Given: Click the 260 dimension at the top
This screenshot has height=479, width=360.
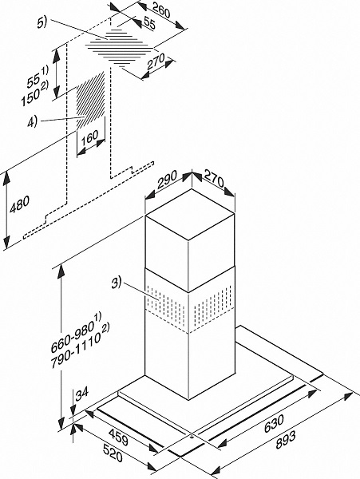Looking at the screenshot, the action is point(161,10).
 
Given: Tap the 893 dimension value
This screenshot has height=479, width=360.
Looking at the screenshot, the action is point(286,441).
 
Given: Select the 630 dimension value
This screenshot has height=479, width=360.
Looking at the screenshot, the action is point(274,423).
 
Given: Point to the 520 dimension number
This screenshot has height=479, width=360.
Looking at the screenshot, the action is point(113,453).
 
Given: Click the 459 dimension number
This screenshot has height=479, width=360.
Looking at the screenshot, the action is point(118,437).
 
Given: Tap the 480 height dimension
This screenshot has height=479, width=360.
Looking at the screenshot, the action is point(19,204).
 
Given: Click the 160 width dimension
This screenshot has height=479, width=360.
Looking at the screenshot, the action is point(89,137).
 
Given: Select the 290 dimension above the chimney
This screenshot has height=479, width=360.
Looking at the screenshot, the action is point(167,180).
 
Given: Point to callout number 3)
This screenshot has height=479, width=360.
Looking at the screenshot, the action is point(117,283).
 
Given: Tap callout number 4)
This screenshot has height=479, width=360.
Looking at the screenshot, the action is point(32,122).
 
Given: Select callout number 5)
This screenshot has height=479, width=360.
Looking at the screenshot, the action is point(42,23).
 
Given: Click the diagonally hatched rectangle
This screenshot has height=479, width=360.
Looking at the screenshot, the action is point(91,101).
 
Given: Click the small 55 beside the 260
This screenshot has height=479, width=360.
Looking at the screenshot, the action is point(149,23).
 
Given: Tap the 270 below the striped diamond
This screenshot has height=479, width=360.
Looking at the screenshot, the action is point(156,61).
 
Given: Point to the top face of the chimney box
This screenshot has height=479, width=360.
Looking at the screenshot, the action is point(190,214).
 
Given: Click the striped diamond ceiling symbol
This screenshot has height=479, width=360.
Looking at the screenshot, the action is point(120,47).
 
